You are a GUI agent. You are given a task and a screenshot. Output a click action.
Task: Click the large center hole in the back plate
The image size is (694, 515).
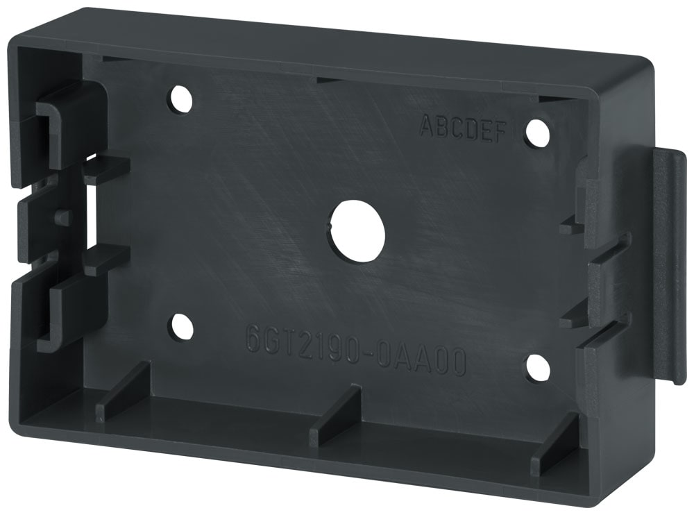pyautogui.click(x=357, y=231)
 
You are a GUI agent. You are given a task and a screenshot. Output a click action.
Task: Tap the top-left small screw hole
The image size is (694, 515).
pyautogui.click(x=180, y=99)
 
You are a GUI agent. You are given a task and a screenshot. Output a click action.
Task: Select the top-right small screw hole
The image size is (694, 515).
pyautogui.click(x=536, y=133)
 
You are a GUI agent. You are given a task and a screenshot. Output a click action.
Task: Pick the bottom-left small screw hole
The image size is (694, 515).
pyautogui.click(x=182, y=326)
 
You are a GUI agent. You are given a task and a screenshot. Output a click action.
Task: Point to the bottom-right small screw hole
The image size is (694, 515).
pyautogui.click(x=537, y=369)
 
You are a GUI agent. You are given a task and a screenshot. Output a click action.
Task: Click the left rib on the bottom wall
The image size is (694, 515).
pyautogui.click(x=123, y=394)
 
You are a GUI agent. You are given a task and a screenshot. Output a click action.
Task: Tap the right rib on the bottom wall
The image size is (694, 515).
pyautogui.click(x=555, y=445)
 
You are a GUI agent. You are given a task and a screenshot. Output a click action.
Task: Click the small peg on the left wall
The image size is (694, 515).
pyautogui.click(x=62, y=217)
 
